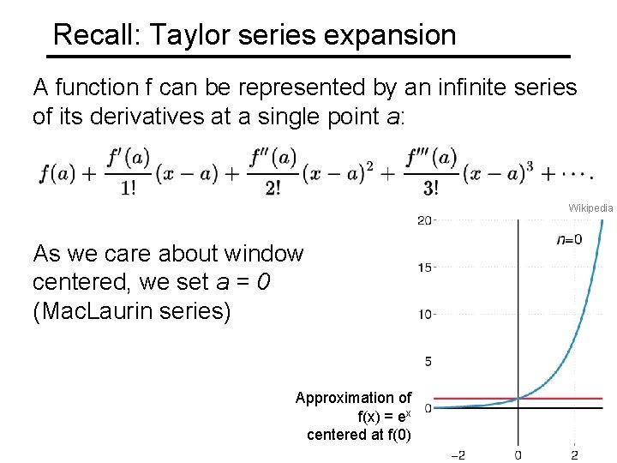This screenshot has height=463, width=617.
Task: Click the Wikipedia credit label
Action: click(590, 208)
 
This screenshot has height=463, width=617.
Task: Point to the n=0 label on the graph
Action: click(569, 240)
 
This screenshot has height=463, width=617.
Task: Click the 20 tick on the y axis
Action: click(424, 221)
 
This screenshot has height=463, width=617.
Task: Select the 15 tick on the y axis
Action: click(424, 268)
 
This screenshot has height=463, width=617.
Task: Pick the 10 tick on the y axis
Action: click(424, 315)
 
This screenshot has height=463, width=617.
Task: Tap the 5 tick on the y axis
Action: click(427, 361)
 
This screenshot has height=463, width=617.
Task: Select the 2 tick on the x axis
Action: click(574, 454)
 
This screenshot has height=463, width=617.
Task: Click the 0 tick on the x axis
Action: click(518, 454)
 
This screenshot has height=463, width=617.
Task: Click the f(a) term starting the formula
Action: click(57, 173)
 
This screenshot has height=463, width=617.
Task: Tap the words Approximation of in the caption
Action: click(353, 398)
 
